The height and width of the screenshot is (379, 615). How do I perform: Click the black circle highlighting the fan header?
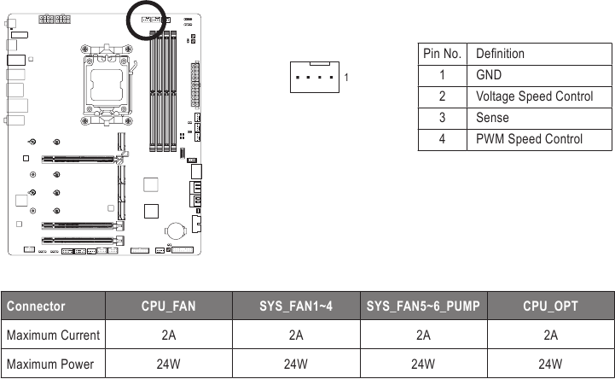click(151, 19)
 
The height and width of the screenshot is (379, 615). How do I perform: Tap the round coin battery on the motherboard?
click(177, 230)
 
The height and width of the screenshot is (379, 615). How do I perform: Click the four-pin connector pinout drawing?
click(315, 77)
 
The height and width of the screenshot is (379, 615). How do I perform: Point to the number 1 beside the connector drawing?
click(345, 78)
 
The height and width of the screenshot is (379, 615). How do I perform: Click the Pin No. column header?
click(443, 53)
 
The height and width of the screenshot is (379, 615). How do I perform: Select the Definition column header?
click(500, 53)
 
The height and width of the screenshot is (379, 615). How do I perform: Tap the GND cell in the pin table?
click(489, 75)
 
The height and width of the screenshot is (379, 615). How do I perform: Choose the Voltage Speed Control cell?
click(534, 96)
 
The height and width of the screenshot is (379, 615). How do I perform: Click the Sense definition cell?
click(492, 118)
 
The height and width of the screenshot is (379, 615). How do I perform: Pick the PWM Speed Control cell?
click(529, 139)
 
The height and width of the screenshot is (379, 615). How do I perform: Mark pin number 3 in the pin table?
click(443, 118)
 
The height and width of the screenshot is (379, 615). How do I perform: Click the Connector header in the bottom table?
click(36, 306)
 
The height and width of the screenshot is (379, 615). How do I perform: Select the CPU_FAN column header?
click(168, 306)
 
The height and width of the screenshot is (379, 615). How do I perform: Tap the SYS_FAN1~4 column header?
click(295, 306)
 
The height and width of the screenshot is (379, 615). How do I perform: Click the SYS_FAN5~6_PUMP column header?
click(423, 306)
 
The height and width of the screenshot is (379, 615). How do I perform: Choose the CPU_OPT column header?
click(550, 306)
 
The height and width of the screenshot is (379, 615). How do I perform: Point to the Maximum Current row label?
click(53, 335)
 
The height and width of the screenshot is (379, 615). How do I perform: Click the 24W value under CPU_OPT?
click(550, 364)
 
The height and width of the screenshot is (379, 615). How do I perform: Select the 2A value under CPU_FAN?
click(168, 335)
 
